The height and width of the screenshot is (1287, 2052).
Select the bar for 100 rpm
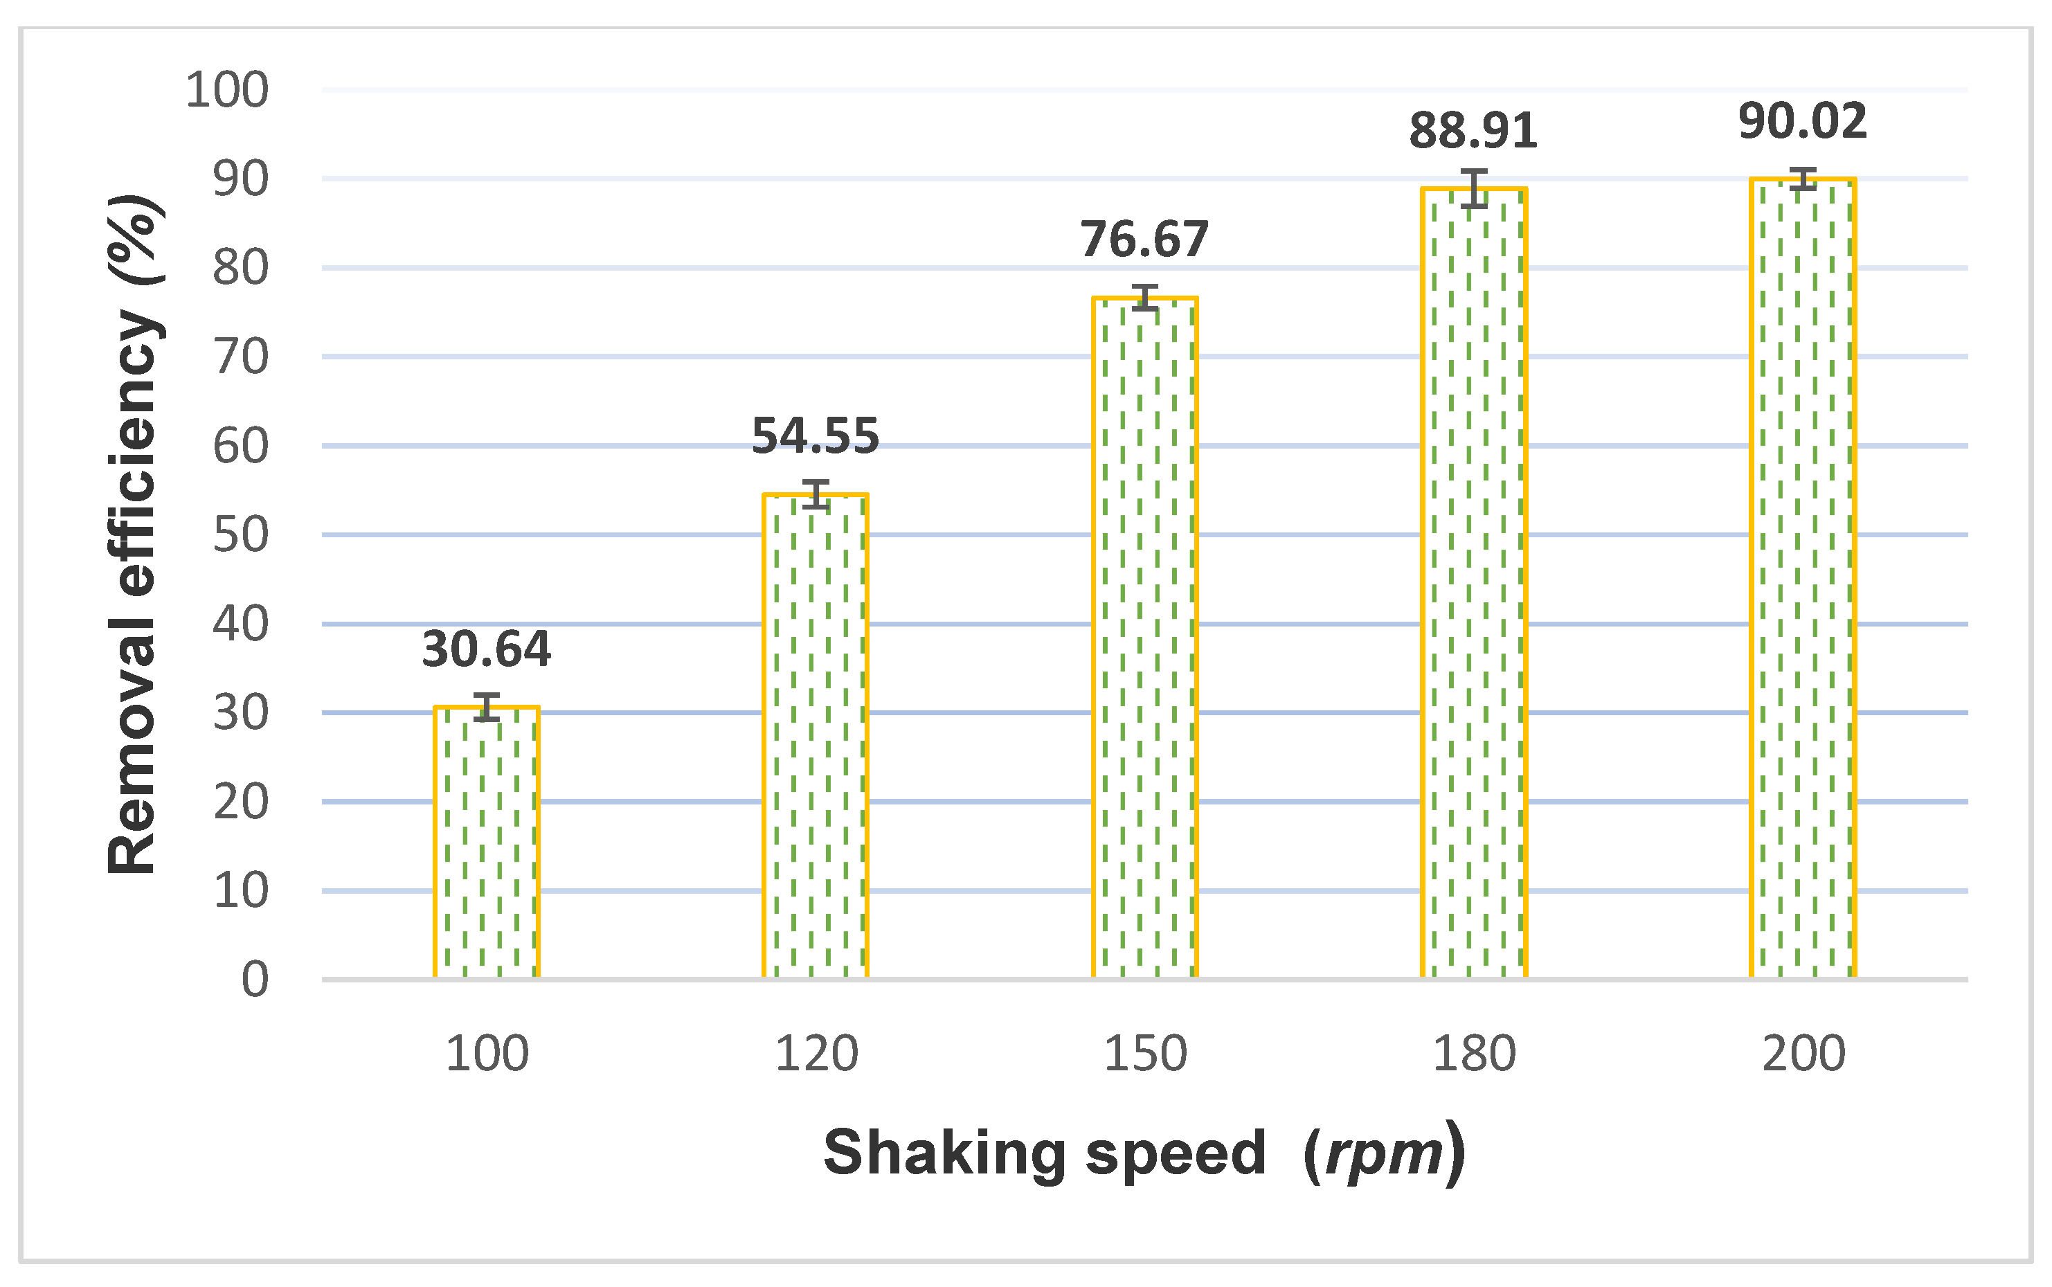tap(486, 843)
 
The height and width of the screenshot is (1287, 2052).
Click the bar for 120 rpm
tap(816, 737)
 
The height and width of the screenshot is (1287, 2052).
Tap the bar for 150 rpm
tap(1144, 638)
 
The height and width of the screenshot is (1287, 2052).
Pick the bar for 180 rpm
tap(1474, 583)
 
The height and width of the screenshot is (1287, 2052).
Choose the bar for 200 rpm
tap(1803, 579)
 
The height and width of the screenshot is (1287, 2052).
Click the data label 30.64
tap(486, 649)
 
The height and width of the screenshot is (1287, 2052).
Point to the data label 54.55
tap(816, 436)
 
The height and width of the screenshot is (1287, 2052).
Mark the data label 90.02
tap(1803, 121)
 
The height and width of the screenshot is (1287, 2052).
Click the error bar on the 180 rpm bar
tap(1474, 188)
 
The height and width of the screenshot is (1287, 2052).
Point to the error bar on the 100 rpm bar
tap(486, 706)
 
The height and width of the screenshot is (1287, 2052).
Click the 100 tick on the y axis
tap(227, 89)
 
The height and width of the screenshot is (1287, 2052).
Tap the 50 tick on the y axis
tap(241, 534)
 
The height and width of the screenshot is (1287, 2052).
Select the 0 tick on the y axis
tap(255, 979)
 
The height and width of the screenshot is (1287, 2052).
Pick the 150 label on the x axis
tap(1144, 1054)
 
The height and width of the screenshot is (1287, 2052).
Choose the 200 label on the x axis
tap(1803, 1054)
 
